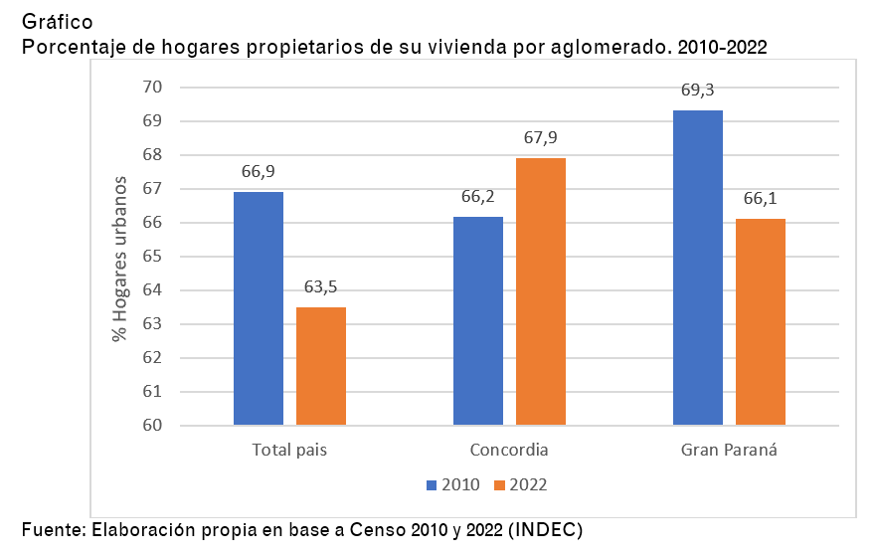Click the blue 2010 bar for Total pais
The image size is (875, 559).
pos(259,308)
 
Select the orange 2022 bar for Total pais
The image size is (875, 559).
pos(321,366)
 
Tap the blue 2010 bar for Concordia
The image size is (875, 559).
pos(478,320)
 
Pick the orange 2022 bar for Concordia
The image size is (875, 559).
pos(541,291)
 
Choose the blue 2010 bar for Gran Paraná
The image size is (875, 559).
pos(698,268)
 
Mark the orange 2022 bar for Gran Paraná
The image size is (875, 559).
pos(761,321)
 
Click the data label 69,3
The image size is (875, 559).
pos(698,91)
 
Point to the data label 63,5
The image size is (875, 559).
pos(321,287)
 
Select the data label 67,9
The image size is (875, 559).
pos(541,138)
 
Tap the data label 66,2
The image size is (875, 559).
pos(478,196)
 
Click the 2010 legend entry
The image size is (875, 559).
pos(453,484)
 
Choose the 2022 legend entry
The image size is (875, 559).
pos(521,484)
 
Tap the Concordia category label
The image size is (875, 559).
pos(509,450)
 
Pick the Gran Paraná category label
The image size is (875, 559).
pos(729,450)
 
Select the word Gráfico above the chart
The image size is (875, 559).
pos(60,20)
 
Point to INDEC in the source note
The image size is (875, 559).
pos(545,530)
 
